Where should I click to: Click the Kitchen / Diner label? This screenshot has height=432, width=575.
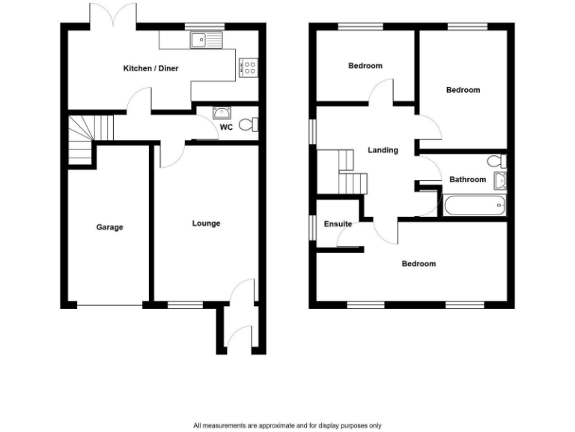point(150,69)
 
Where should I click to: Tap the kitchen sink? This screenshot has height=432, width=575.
point(207,40)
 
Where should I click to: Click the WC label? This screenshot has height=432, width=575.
point(226,127)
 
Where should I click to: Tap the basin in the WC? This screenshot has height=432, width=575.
point(221,112)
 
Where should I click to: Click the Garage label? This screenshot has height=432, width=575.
point(109,227)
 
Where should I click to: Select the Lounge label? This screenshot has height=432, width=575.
point(206,223)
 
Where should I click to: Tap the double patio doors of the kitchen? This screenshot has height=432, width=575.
point(113,15)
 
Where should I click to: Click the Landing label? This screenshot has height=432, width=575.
point(383,150)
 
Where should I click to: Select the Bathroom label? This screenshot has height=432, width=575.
point(467,179)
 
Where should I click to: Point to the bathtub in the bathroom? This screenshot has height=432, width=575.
point(474,205)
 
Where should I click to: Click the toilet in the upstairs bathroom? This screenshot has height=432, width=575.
point(494,160)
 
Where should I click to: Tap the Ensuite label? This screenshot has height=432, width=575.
point(338,224)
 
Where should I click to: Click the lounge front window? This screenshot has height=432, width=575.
point(185,305)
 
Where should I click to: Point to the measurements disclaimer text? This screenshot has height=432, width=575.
point(287,424)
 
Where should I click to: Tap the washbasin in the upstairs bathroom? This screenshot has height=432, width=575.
point(500,179)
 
